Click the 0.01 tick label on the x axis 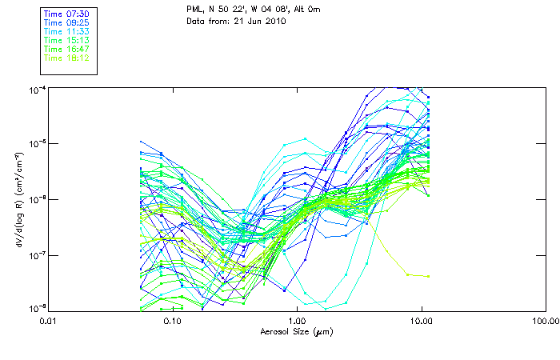(48, 320)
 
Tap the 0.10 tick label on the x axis (172, 320)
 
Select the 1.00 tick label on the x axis (297, 320)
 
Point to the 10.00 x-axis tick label (421, 320)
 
